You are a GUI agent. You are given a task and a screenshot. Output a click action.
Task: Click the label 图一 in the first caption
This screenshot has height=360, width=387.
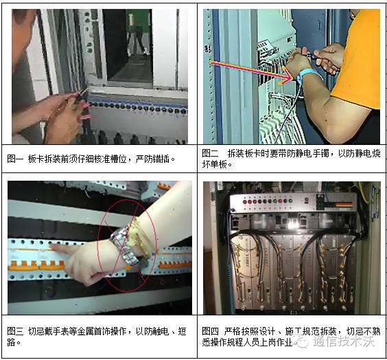(15, 159)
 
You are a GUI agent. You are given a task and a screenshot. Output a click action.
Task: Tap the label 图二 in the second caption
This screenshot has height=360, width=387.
(210, 153)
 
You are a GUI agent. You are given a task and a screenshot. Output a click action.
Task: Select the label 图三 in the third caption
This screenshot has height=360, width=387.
(15, 331)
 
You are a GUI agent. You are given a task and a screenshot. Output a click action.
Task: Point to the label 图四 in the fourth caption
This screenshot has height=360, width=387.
(210, 331)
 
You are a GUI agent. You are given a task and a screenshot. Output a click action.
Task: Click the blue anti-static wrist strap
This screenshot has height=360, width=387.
(306, 74)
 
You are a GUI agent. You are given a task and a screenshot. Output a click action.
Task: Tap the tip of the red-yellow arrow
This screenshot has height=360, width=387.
(293, 79)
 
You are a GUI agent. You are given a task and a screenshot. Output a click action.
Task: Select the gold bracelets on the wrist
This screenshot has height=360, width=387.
(140, 236)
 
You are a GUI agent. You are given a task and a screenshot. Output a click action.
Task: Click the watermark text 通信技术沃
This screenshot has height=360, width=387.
(344, 341)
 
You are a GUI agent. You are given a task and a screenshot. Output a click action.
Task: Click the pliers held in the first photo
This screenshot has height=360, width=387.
(80, 97)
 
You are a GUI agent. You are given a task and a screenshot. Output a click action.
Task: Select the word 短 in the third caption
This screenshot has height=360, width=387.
(182, 331)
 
